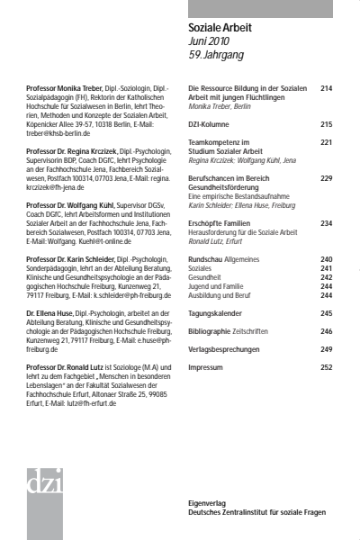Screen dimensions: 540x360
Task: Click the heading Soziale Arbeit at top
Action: tap(220, 29)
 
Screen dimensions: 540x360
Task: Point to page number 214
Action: tap(326, 88)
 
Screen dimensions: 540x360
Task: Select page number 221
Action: tap(326, 142)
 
